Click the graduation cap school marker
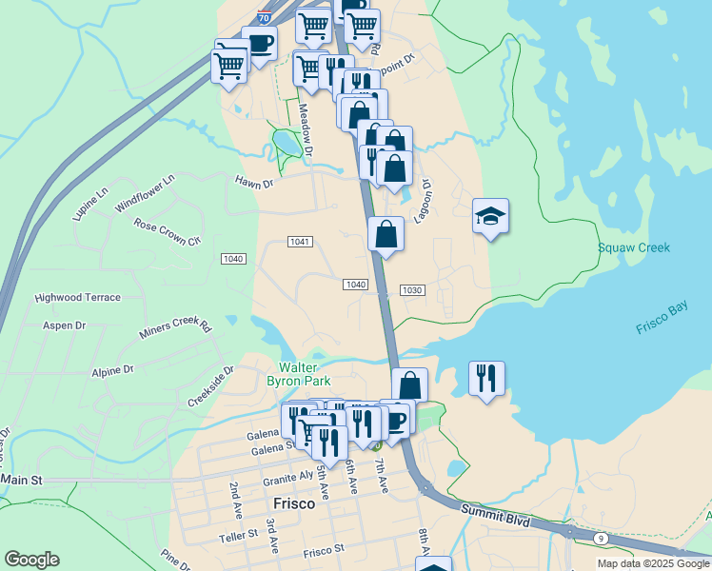(490, 217)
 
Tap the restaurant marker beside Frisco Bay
(486, 379)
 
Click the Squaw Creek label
(634, 247)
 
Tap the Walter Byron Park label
(305, 374)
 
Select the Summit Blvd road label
(496, 510)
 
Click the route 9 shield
(600, 539)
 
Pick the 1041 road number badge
(300, 242)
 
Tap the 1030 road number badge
(411, 290)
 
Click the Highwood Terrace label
(78, 297)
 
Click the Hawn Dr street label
(254, 182)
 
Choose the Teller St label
(239, 535)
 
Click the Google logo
(31, 560)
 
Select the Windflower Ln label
(146, 193)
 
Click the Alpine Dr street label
(112, 369)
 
